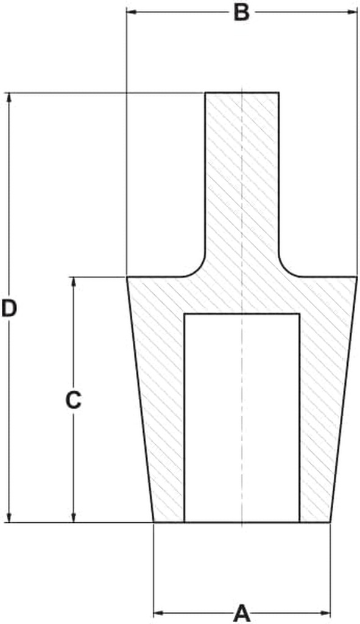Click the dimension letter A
point(242,613)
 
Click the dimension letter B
point(241,12)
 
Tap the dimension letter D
point(9,308)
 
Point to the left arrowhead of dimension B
point(132,12)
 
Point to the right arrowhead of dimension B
point(353,12)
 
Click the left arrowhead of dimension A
point(158,613)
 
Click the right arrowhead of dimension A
point(325,613)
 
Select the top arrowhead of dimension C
point(73,282)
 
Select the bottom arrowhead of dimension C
point(73,517)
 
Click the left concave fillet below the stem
point(200,271)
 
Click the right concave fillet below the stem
point(285,271)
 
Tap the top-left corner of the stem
point(206,93)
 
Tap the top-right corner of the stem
point(278,93)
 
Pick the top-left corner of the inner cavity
point(184,314)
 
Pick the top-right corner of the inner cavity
point(299,314)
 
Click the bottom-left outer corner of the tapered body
point(154,522)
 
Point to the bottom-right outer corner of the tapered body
point(330,522)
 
